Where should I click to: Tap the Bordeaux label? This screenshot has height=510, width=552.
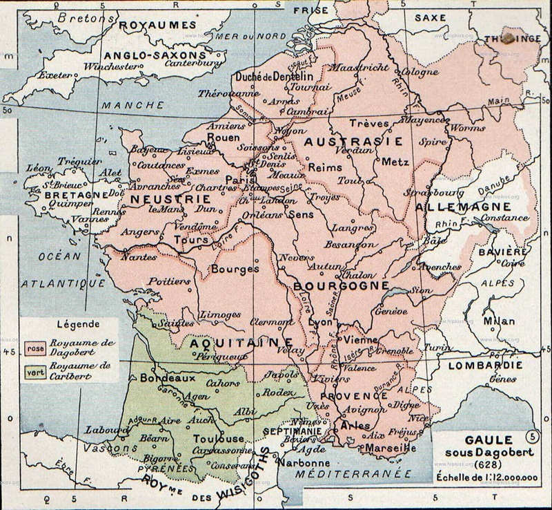pyautogui.click(x=163, y=379)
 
